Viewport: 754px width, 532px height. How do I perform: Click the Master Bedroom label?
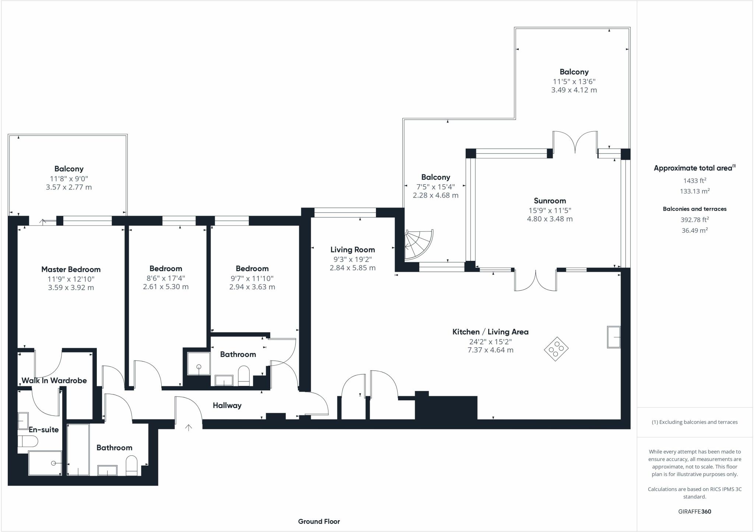tap(71, 269)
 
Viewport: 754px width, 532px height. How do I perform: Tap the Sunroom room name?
tap(550, 201)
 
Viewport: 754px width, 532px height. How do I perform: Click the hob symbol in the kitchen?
tap(556, 349)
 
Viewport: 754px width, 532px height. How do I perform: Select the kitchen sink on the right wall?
tap(613, 337)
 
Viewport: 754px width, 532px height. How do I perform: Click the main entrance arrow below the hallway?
tap(188, 427)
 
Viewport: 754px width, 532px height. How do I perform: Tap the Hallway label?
tap(227, 405)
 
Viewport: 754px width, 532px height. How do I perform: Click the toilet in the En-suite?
tap(28, 441)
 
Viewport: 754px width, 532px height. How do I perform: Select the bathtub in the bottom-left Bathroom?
tap(78, 450)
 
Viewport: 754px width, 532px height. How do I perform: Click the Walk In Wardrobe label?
tap(54, 380)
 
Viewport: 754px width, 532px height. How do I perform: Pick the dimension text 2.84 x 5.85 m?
tap(352, 268)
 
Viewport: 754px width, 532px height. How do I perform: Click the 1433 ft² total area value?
tap(694, 180)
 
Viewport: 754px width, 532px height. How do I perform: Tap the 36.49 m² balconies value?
tap(694, 230)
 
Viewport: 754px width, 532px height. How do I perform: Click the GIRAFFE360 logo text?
tap(694, 511)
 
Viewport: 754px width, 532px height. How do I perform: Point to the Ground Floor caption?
tap(319, 521)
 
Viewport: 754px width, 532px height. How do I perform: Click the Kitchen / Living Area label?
tap(490, 332)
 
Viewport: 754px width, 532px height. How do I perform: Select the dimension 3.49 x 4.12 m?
tap(574, 90)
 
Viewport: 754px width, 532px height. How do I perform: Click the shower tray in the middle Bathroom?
tap(198, 363)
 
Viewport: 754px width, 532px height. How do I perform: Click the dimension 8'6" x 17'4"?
tap(166, 279)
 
